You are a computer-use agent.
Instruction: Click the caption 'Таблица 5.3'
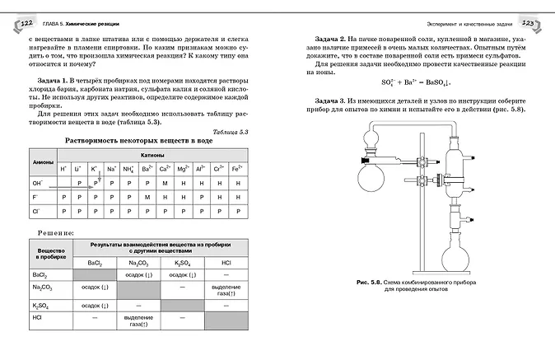click(x=225, y=132)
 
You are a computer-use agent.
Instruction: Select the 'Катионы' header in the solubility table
click(x=152, y=155)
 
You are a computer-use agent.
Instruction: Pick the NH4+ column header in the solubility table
click(x=128, y=169)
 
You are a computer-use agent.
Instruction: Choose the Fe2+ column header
click(x=237, y=169)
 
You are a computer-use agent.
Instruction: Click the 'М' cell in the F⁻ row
click(x=146, y=198)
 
